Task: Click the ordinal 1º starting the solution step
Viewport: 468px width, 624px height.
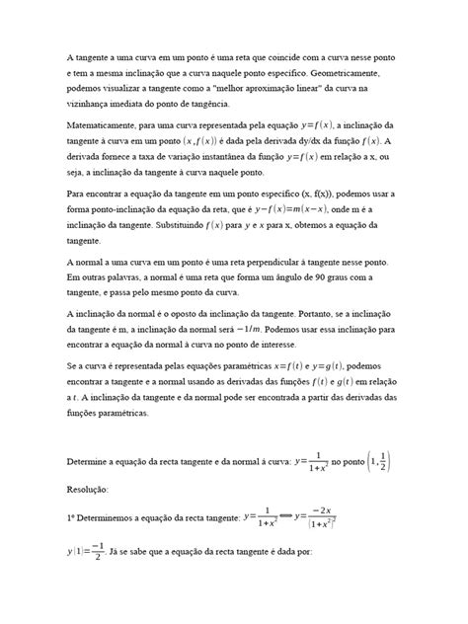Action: [x=71, y=515]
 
